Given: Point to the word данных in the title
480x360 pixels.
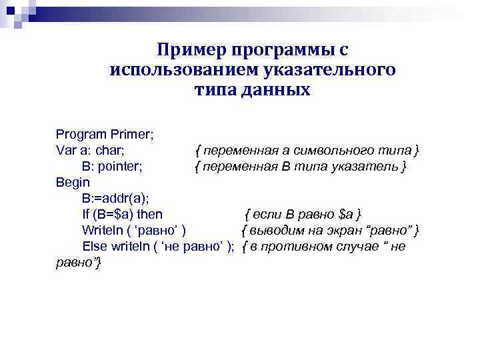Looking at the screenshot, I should click(275, 89).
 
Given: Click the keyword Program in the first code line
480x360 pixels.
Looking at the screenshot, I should click(80, 134).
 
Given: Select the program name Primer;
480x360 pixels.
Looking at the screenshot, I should click(131, 134).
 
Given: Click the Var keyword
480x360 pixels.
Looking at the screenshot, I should click(66, 150).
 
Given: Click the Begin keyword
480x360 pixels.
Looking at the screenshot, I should click(72, 182).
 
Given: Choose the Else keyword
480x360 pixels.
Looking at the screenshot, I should click(94, 246).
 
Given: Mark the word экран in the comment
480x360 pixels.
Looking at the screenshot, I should click(341, 230).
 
